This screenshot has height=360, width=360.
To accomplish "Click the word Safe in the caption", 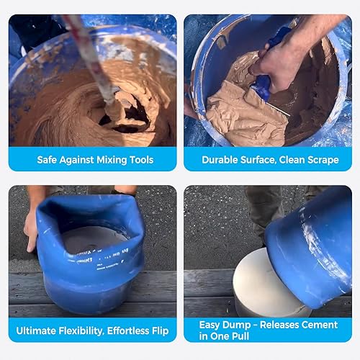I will (x=48, y=159).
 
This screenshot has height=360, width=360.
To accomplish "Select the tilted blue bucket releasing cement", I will (x=310, y=245).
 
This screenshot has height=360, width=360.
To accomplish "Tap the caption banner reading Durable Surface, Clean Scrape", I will (x=267, y=159).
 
